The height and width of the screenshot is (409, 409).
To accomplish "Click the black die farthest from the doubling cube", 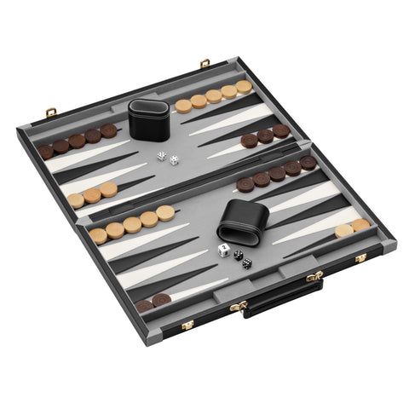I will [x=247, y=263].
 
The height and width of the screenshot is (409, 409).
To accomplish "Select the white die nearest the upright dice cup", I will [x=161, y=156].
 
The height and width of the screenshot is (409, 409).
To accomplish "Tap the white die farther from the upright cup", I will [x=174, y=160].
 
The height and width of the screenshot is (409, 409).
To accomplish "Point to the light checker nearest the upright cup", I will [x=183, y=106].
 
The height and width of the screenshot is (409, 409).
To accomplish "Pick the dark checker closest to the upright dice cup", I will [x=109, y=131].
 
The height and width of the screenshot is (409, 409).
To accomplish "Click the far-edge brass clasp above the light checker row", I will [x=204, y=62].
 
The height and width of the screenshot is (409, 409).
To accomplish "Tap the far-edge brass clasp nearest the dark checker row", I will [x=51, y=112].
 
